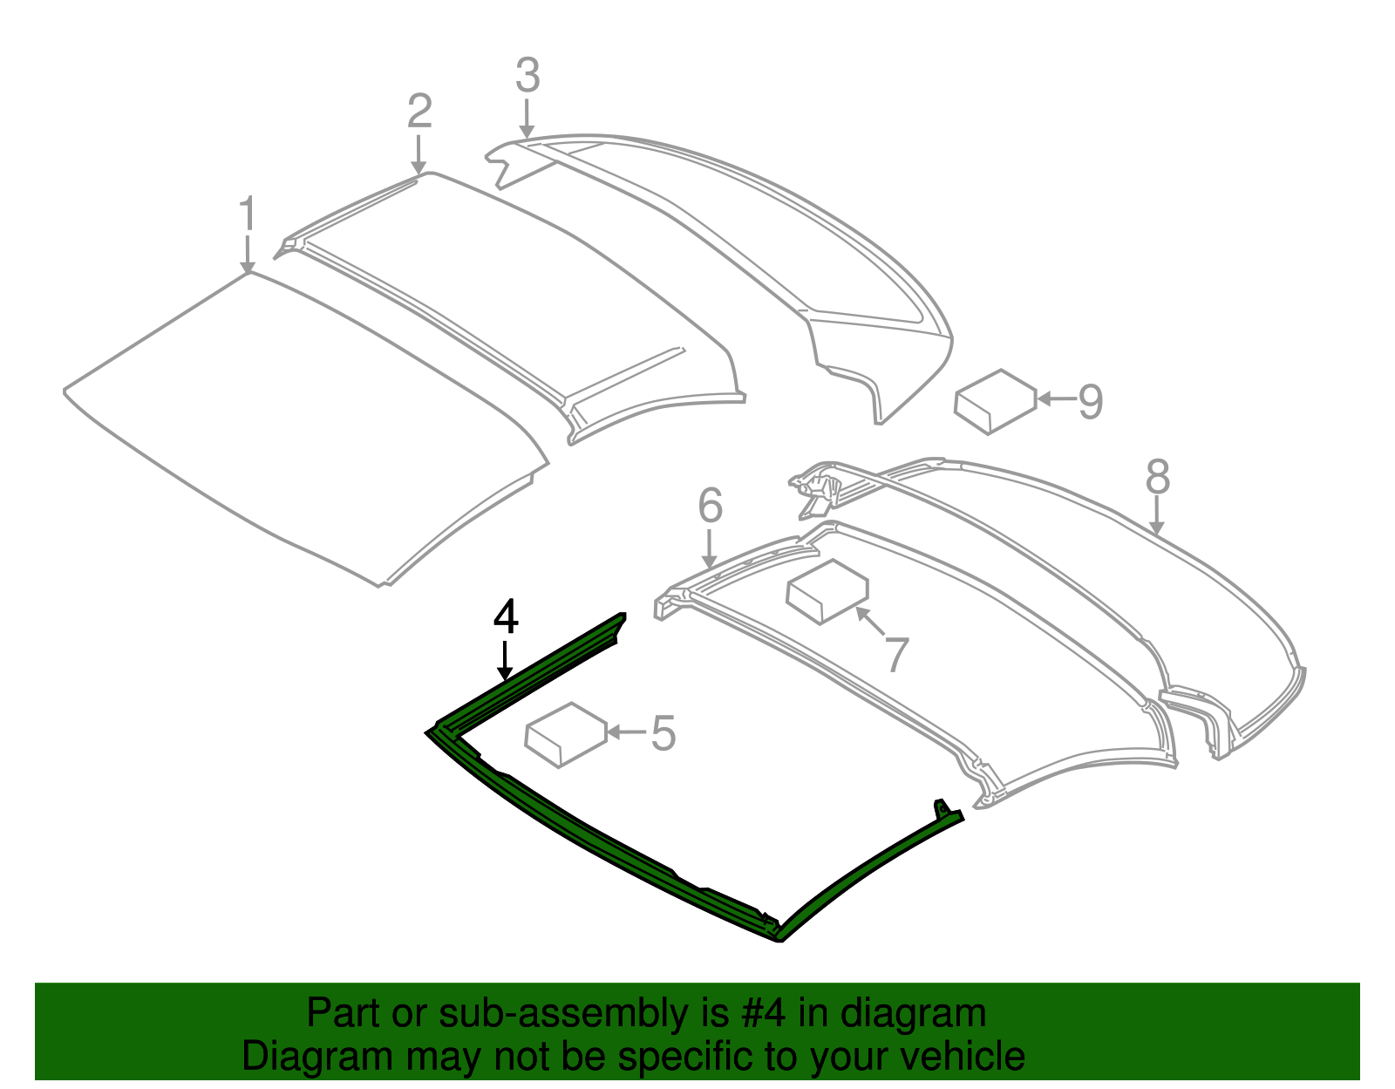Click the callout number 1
click(248, 214)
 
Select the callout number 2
click(419, 112)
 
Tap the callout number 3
click(527, 76)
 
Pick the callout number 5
click(663, 733)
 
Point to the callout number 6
click(711, 506)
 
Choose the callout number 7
click(897, 656)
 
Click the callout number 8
click(1157, 477)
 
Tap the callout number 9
click(1091, 401)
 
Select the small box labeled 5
click(565, 734)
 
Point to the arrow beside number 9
click(1056, 400)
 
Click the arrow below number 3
click(527, 118)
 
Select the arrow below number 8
click(1157, 515)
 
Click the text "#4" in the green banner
click(764, 1013)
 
